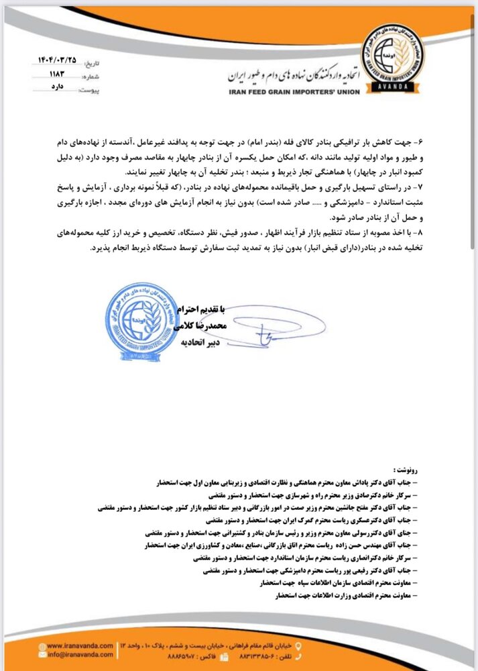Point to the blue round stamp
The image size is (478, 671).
pos(139,317)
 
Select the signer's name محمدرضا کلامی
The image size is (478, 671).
pos(202,325)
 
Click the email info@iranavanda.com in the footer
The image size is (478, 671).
pos(80,654)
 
